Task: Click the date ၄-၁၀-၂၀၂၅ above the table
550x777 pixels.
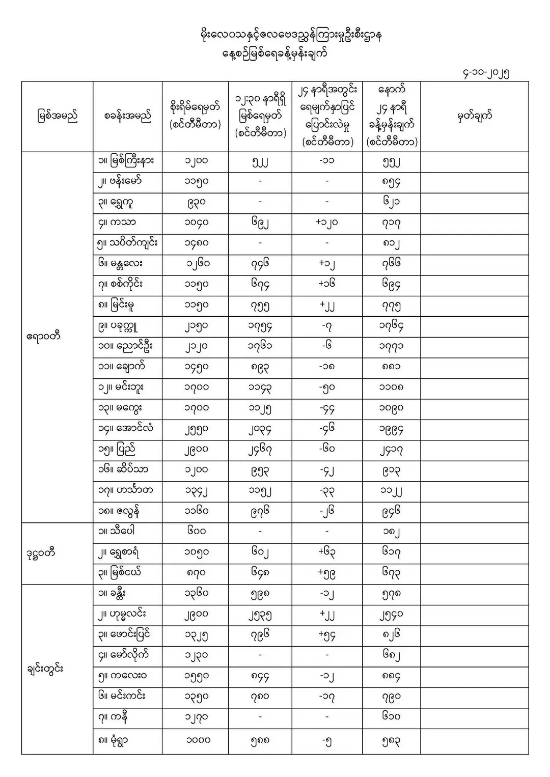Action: [483, 72]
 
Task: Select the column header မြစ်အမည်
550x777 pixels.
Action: [57, 117]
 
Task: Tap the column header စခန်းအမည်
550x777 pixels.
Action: [127, 117]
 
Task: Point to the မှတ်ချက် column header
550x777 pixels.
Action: [474, 116]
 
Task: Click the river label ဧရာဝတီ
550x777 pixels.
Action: [44, 337]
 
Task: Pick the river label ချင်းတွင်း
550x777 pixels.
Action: [45, 669]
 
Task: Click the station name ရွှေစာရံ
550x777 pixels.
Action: [125, 552]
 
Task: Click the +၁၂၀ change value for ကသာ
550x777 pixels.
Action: [326, 223]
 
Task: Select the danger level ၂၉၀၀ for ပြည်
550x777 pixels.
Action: [196, 450]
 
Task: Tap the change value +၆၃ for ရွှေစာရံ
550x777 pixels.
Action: [326, 552]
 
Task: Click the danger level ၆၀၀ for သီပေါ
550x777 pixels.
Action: [196, 532]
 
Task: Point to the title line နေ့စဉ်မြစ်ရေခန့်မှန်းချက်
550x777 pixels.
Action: [274, 53]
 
